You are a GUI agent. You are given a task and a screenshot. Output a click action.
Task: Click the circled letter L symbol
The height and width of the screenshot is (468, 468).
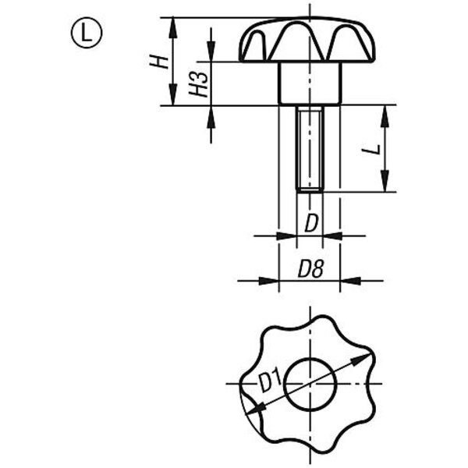pos(87,32)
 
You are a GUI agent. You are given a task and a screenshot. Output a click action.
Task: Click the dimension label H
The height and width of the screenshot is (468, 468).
pos(159,62)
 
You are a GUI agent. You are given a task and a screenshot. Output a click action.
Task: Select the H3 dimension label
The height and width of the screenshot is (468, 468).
pos(198,85)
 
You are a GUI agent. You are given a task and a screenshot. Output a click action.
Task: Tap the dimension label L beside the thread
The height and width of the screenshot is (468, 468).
pos(371,149)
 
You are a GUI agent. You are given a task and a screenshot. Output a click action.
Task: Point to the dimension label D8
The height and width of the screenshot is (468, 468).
pos(310,269)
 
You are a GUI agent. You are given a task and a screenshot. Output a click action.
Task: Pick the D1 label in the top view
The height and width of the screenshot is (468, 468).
pos(270,379)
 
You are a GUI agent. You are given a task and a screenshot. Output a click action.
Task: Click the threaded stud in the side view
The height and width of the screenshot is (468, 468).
pos(310,149)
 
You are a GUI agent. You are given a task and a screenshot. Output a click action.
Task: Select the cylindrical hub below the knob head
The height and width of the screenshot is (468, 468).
pos(310,83)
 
